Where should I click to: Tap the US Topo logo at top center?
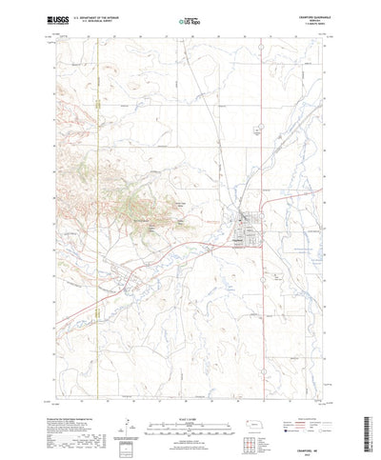click(191, 20)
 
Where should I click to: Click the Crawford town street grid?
click(243, 229)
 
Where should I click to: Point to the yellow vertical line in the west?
click(98, 190)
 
